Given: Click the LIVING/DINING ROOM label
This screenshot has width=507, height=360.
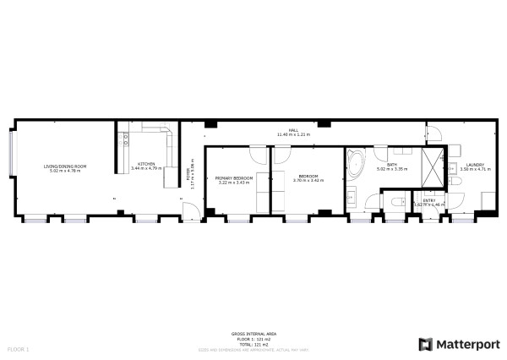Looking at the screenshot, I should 66,166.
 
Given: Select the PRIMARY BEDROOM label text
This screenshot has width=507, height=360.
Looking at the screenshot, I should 234,178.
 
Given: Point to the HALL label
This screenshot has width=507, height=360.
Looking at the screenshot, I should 293,130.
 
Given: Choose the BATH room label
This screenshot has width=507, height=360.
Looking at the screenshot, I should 392,165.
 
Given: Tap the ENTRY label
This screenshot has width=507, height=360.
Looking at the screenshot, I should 429,200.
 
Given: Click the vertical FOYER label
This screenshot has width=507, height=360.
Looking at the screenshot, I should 188,176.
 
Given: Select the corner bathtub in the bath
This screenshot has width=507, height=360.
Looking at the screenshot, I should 357,162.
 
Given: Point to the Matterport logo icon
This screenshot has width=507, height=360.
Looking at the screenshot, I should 424,344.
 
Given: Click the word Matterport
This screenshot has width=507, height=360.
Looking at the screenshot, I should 466,344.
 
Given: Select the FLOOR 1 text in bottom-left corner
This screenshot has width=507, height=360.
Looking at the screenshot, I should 19,348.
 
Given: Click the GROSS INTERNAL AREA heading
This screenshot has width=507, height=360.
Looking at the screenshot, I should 249,334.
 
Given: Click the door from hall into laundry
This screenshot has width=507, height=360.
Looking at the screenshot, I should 433,131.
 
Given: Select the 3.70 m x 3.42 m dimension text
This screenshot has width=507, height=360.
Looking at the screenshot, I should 308,181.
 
